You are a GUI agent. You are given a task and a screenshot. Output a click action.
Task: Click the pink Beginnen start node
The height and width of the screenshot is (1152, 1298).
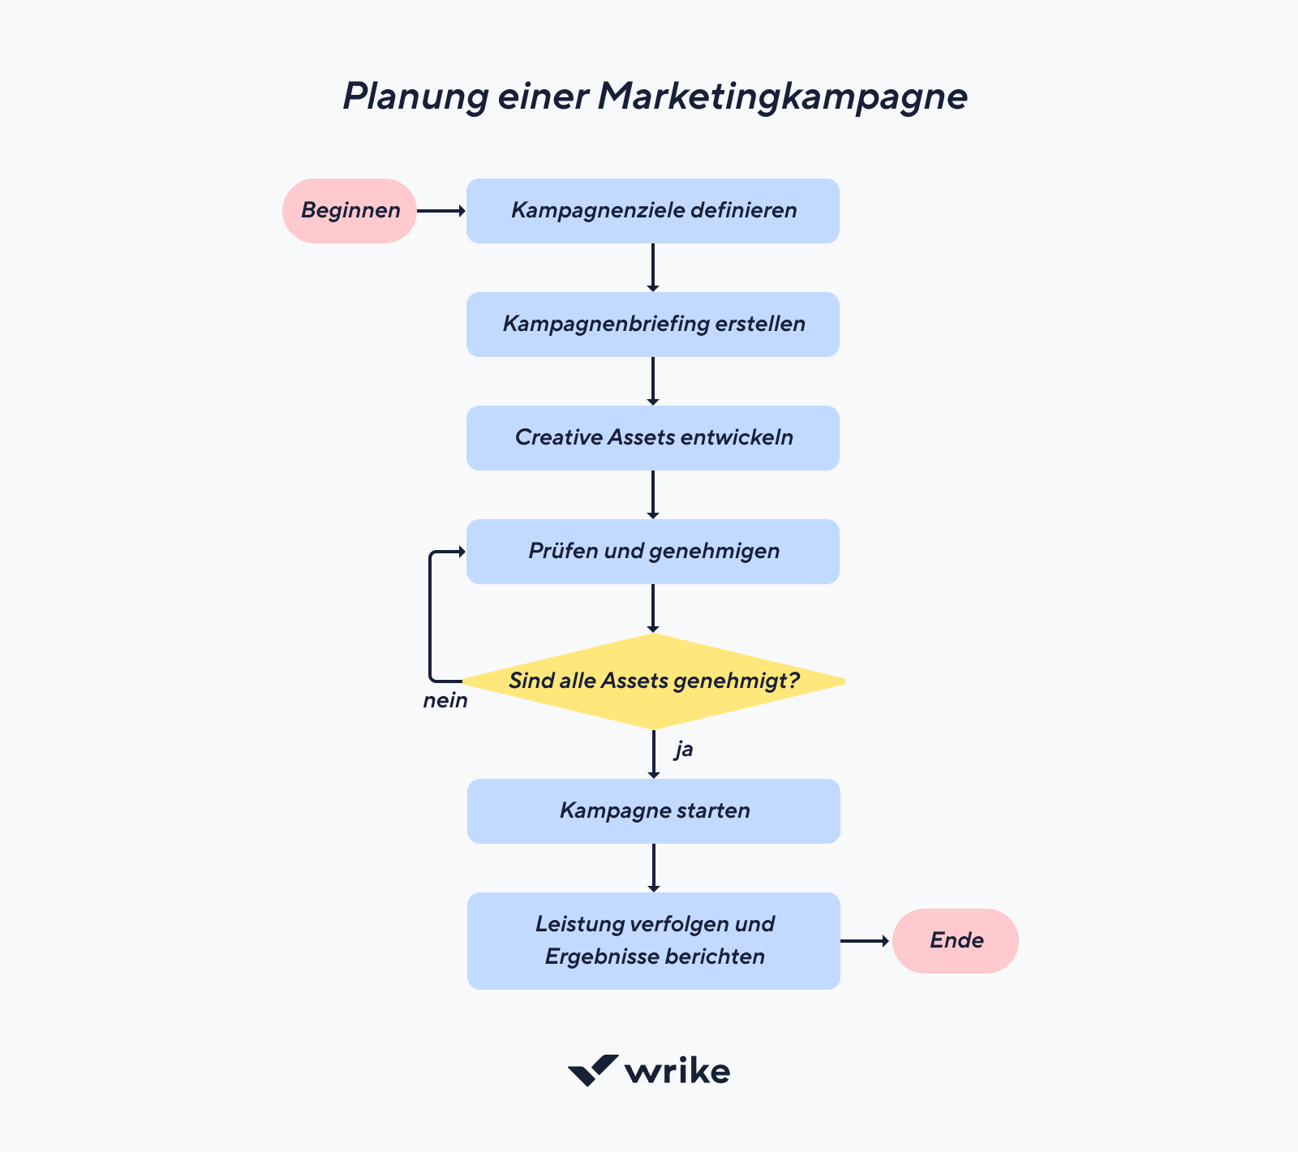[350, 211]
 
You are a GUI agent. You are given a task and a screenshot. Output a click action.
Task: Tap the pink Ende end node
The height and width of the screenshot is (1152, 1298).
[956, 941]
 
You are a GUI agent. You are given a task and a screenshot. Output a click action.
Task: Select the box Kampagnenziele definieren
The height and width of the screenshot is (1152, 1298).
[653, 211]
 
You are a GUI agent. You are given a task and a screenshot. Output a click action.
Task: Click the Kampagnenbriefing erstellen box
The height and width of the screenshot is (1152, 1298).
[653, 325]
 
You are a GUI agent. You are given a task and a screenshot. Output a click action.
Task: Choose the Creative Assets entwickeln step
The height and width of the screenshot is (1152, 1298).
[653, 438]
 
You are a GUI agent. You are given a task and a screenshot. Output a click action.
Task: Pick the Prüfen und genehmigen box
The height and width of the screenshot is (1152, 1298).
[653, 552]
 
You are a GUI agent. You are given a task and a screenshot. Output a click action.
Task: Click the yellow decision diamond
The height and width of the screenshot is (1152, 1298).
[653, 681]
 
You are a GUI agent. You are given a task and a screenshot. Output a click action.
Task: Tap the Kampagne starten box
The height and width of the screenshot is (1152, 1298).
[654, 811]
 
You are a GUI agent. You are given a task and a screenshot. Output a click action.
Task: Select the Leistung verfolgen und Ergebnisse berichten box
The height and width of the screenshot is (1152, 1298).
[654, 941]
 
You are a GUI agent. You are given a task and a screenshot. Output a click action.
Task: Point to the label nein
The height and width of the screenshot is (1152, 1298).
[445, 701]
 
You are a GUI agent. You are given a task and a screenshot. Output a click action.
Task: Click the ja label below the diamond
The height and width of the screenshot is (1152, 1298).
[684, 749]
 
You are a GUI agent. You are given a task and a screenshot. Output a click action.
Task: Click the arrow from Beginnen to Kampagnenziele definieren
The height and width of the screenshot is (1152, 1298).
[441, 211]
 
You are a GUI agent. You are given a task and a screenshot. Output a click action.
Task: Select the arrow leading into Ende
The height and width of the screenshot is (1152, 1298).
[866, 941]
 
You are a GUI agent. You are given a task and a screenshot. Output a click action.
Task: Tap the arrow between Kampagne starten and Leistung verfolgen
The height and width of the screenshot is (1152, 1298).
[654, 868]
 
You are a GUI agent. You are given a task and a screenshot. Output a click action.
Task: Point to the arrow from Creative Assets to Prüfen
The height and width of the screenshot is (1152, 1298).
[653, 495]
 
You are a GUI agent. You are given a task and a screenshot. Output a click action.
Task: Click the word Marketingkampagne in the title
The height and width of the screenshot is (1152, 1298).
[782, 97]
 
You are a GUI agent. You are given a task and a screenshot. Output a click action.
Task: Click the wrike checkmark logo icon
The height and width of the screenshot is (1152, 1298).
[592, 1070]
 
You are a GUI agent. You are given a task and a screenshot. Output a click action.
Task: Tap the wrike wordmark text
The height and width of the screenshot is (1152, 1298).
[677, 1072]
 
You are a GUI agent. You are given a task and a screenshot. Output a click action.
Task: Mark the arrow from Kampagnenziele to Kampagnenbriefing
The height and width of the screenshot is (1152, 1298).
[653, 268]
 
